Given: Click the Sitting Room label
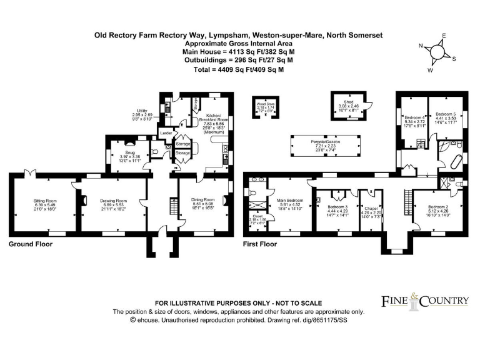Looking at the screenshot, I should click(45, 201).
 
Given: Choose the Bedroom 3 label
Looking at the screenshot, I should click(337, 206).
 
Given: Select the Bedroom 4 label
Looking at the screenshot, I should click(414, 117).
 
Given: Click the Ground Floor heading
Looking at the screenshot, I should click(29, 244).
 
